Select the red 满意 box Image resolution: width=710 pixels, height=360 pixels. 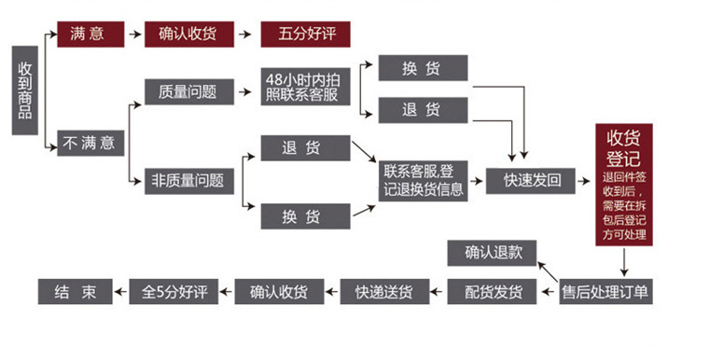[x=90, y=34]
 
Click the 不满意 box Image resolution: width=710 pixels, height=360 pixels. [x=90, y=143]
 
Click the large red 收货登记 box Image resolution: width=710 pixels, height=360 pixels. [x=624, y=185]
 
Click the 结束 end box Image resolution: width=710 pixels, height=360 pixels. [x=75, y=291]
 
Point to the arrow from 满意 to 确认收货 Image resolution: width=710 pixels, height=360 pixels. [x=134, y=34]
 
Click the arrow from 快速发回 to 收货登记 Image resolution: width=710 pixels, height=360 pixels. [x=582, y=181]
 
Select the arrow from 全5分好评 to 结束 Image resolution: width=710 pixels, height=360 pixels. [x=120, y=291]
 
